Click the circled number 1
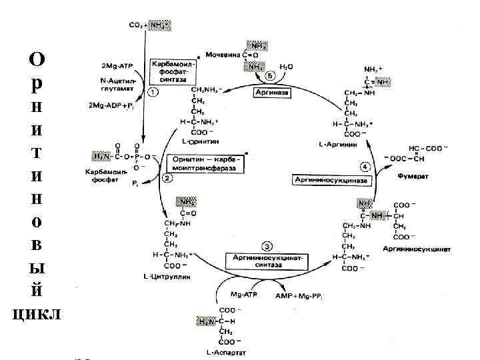coord(153,93)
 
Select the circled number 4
coord(365,165)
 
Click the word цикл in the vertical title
coord(37,314)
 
